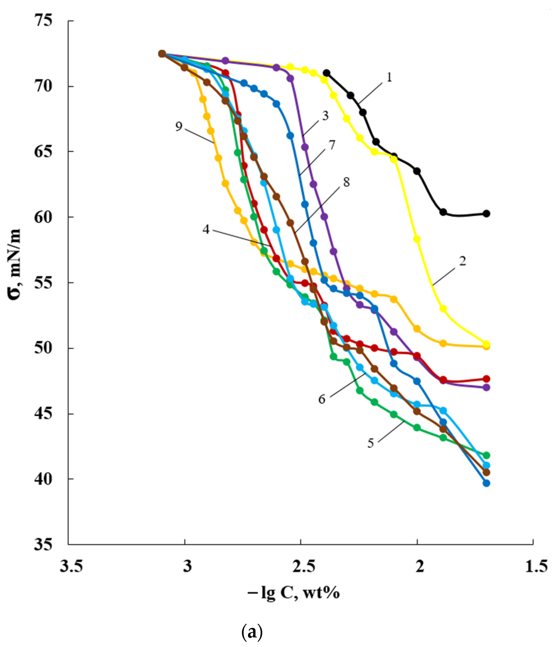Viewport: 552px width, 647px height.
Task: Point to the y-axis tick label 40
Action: pyautogui.click(x=43, y=479)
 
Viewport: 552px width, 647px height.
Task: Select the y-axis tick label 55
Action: pyautogui.click(x=43, y=283)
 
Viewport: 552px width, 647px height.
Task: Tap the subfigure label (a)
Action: pyautogui.click(x=252, y=632)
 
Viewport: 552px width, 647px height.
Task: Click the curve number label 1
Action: pyautogui.click(x=389, y=77)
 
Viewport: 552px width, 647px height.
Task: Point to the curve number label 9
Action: pyautogui.click(x=179, y=126)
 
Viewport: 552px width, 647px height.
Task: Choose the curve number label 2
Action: pyautogui.click(x=462, y=261)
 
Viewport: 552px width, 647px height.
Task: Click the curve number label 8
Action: pyautogui.click(x=347, y=182)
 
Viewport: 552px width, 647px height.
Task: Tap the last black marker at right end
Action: pyautogui.click(x=486, y=214)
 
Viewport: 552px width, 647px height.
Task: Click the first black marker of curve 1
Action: pyautogui.click(x=327, y=73)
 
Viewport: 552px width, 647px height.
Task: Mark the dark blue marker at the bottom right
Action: pyautogui.click(x=486, y=483)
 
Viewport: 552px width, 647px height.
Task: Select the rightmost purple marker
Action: pyautogui.click(x=486, y=388)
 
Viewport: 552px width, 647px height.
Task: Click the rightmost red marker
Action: pyautogui.click(x=486, y=379)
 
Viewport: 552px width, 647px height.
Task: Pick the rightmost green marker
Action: pyautogui.click(x=486, y=455)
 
